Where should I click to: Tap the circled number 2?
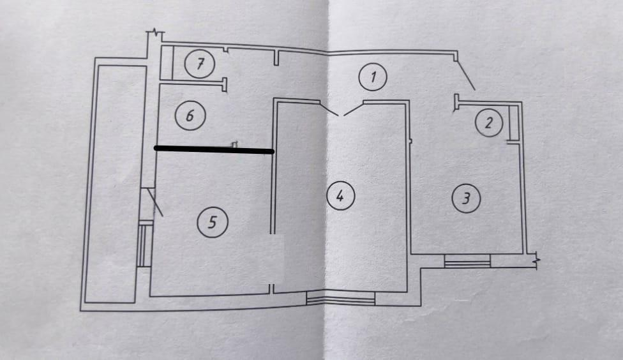coord(488,123)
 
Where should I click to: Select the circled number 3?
coord(465,199)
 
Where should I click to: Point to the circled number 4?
coord(340,196)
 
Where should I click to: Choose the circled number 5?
coord(213,221)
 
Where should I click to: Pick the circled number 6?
coord(190,116)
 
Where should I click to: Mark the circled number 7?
coord(200,64)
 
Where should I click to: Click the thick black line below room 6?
coord(214,150)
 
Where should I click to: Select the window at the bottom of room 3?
coord(468,260)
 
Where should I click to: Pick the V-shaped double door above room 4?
coord(341,109)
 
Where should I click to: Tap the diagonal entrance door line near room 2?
coord(465,75)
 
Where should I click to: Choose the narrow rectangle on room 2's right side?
coord(514,123)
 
